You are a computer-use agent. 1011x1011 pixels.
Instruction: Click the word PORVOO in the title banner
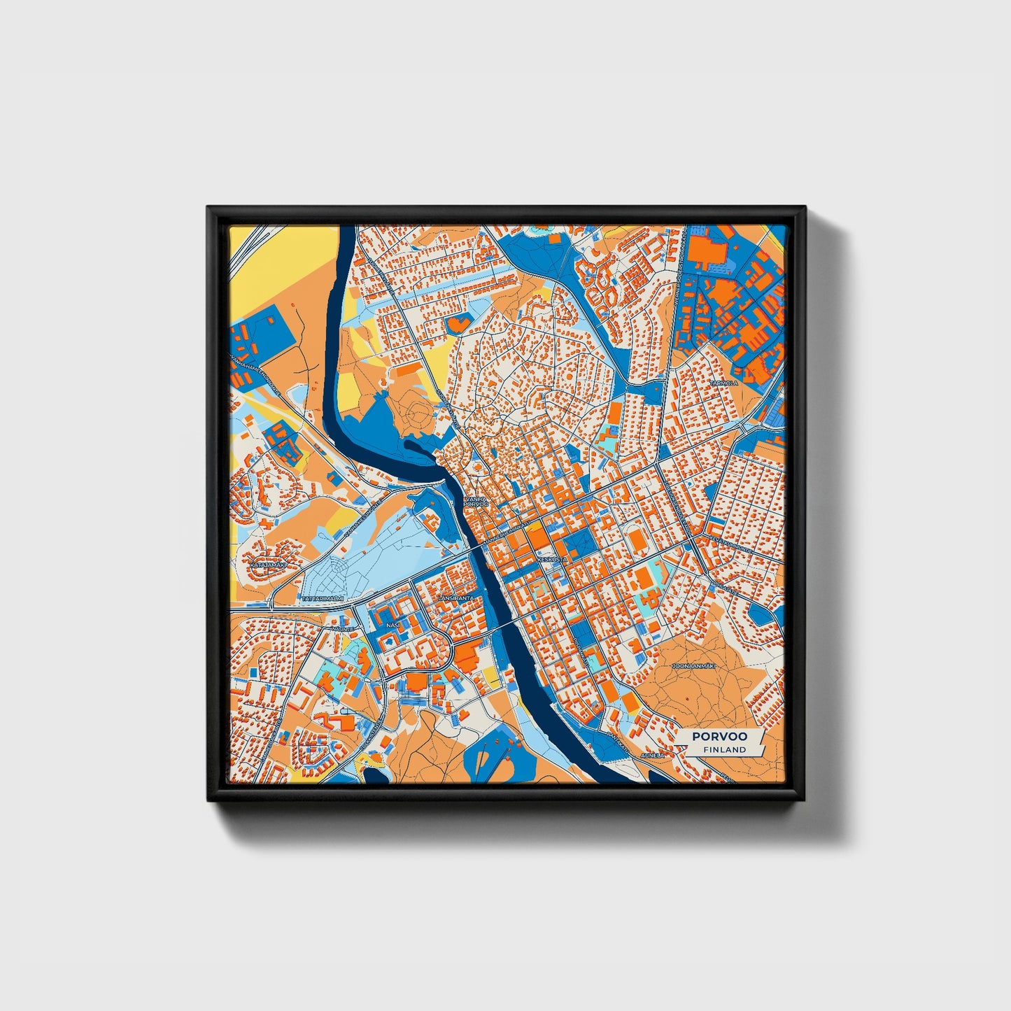point(719,736)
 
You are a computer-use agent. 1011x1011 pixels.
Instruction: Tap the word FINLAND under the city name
point(725,749)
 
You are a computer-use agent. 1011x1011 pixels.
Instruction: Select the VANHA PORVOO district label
point(476,501)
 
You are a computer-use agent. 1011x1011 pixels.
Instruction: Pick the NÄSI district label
point(392,623)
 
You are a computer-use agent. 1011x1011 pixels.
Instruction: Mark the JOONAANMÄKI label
point(693,667)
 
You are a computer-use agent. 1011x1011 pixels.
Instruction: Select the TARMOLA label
point(723,383)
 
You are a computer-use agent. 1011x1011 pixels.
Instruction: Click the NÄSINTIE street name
point(344,629)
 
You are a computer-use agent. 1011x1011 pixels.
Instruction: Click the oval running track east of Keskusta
point(637,539)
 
